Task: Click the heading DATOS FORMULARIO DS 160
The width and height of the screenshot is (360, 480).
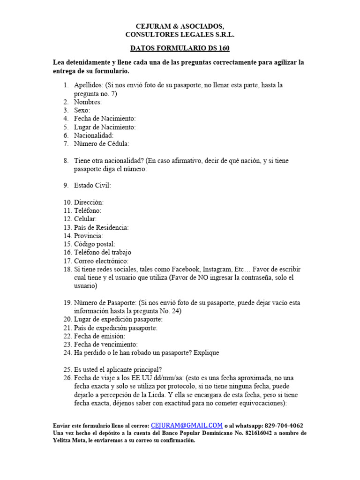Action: pos(180,48)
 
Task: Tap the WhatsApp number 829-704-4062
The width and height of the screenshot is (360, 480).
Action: pos(284,426)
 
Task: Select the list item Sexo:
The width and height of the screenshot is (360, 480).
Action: pos(82,110)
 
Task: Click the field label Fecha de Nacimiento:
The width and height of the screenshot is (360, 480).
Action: pos(105,119)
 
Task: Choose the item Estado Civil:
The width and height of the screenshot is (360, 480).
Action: pos(92,186)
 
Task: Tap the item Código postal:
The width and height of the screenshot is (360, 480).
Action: pos(94,244)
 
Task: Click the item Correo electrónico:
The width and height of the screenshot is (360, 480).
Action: pos(101,261)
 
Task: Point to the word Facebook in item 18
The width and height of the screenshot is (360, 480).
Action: pos(185,270)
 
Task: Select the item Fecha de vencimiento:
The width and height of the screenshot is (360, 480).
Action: pos(105,345)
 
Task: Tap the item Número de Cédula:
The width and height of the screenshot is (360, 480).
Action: pos(101,144)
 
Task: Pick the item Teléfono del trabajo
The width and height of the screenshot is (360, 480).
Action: pos(103,253)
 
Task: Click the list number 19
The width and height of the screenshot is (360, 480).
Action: pos(67,303)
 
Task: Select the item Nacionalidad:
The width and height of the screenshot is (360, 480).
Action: pos(94,135)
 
